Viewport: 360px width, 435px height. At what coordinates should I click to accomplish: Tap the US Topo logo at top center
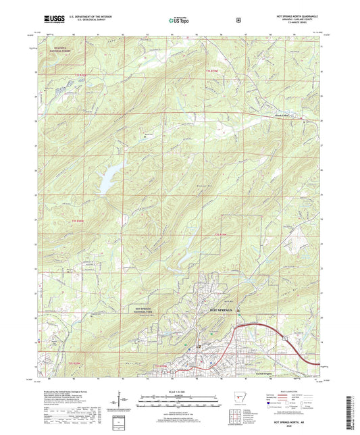coord(179,20)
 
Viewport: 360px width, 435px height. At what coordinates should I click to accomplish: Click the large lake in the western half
coord(108,178)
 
